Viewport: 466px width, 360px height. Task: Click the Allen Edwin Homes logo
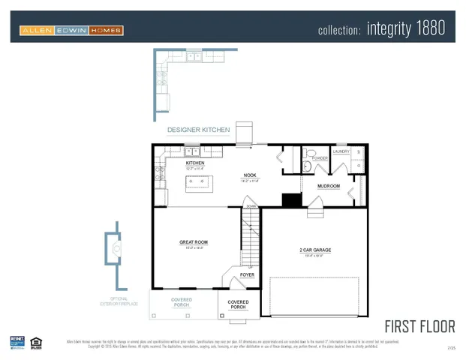(71, 30)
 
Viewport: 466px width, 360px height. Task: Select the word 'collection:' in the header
(340, 30)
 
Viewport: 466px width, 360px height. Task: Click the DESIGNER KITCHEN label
(198, 130)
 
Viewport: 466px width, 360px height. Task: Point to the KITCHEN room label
(195, 163)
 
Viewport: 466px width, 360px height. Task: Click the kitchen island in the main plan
(201, 181)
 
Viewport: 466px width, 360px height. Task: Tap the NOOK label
(250, 175)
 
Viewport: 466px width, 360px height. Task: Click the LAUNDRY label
(341, 151)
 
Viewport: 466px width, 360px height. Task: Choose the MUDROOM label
(329, 186)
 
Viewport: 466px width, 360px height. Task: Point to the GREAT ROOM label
(194, 242)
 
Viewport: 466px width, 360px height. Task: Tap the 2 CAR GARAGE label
(315, 250)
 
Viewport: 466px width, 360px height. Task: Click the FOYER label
(247, 275)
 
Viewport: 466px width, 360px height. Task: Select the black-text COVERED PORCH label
(238, 304)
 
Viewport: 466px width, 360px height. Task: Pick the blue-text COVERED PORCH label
(182, 302)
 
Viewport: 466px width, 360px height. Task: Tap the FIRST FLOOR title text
(419, 326)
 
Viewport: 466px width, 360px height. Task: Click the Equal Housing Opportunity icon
(36, 343)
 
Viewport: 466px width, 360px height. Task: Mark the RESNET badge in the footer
(17, 343)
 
